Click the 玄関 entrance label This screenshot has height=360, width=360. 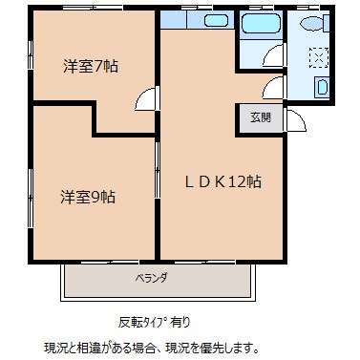pyautogui.click(x=260, y=117)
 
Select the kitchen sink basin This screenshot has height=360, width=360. pyautogui.click(x=215, y=19)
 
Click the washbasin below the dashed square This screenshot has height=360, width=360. pyautogui.click(x=323, y=88)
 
